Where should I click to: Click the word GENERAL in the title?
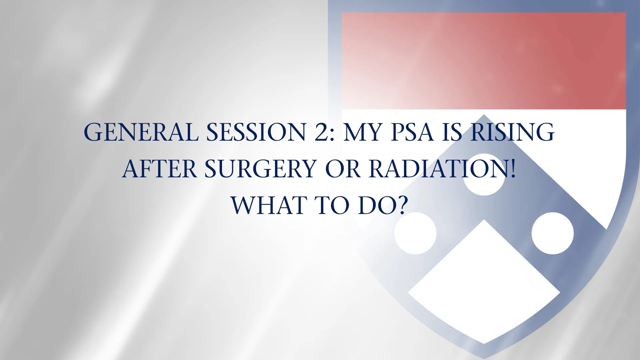coord(141,132)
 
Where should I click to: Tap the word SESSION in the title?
coord(256,132)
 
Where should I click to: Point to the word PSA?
coord(412,132)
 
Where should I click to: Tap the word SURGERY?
coord(260,169)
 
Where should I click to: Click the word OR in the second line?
coord(343,169)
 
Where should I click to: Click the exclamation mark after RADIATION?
coord(513,169)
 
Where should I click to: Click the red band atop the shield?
coord(484,61)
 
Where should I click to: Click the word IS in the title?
coord(452,132)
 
